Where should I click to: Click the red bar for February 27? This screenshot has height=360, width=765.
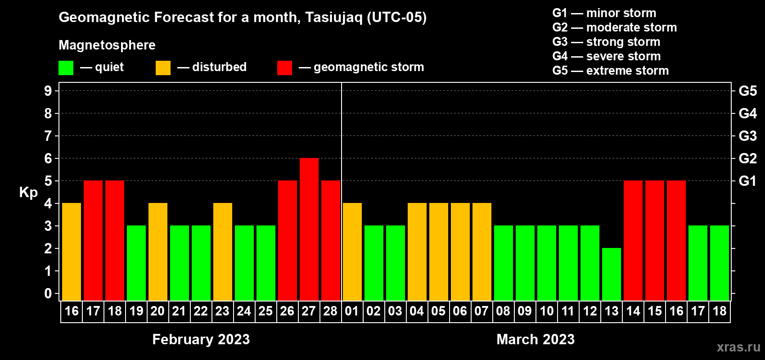(x=309, y=229)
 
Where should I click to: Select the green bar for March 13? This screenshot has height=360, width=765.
(x=611, y=274)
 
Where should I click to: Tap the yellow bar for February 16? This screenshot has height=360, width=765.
(x=72, y=252)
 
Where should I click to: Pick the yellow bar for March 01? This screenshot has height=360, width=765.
(x=352, y=252)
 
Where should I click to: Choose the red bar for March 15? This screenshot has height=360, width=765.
(x=655, y=240)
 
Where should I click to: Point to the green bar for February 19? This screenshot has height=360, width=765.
(x=136, y=263)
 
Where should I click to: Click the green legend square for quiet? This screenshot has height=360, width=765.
(x=66, y=67)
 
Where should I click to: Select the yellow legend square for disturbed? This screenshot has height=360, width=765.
(x=163, y=67)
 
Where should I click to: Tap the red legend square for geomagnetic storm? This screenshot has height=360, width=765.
(x=284, y=67)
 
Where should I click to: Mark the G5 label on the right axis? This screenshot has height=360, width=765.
(x=747, y=91)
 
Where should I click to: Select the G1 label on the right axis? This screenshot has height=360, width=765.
(x=747, y=181)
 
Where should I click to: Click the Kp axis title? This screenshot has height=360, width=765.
(x=28, y=193)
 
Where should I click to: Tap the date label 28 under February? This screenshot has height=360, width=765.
(x=330, y=311)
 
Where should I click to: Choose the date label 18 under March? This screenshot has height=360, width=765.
(x=719, y=311)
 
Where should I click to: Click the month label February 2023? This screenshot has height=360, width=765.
(x=201, y=339)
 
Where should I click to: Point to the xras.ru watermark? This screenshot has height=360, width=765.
(x=738, y=347)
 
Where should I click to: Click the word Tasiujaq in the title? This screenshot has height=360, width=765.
(x=333, y=18)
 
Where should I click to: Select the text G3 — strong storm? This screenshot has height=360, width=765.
(x=606, y=42)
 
